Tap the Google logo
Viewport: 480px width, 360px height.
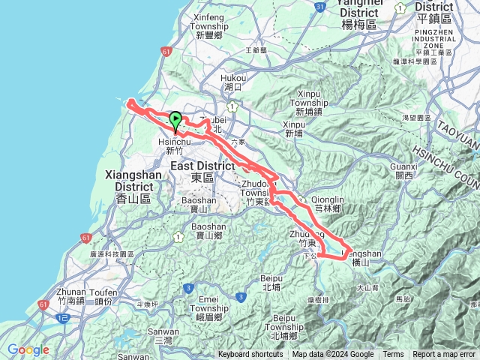28,349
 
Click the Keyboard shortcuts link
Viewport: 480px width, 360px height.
251,355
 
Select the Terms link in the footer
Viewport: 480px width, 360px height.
393,355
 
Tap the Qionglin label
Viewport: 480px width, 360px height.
328,199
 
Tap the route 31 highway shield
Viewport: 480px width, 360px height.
319,7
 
